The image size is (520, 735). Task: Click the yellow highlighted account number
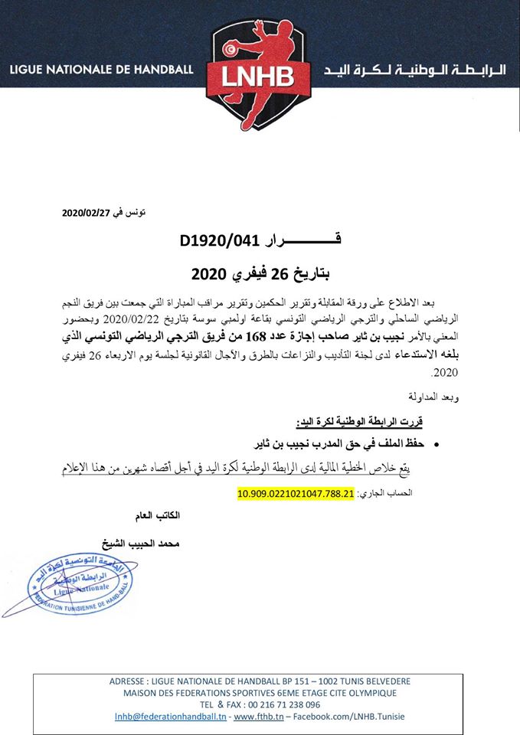(x=296, y=494)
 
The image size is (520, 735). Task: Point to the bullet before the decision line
(x=436, y=444)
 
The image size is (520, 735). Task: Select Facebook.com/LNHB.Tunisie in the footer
(x=346, y=716)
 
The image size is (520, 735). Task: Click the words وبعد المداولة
(x=403, y=397)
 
